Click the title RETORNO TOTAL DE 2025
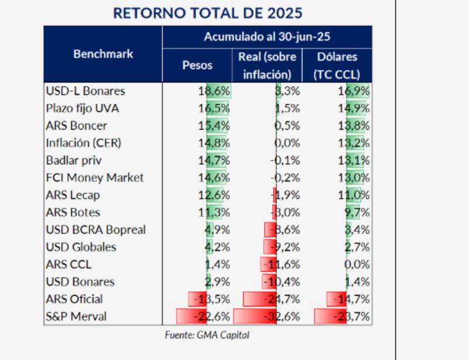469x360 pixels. tap(208, 13)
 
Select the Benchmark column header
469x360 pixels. tap(103, 54)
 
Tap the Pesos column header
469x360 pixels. tap(198, 65)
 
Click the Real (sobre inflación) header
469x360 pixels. tap(267, 65)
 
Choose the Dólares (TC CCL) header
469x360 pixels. tap(337, 65)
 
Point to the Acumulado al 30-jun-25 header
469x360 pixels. tap(267, 36)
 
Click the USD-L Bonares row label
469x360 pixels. tap(85, 91)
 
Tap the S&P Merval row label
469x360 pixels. tap(77, 317)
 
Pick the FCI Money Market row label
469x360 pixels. tap(94, 178)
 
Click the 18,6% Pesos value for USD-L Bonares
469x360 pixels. tap(214, 91)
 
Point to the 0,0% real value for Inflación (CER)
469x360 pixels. tap(287, 143)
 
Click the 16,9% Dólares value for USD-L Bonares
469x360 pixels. tap(354, 91)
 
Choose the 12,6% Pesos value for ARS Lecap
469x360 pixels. tap(214, 195)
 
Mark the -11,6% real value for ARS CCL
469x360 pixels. tap(283, 264)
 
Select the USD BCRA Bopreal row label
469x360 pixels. tap(95, 230)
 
